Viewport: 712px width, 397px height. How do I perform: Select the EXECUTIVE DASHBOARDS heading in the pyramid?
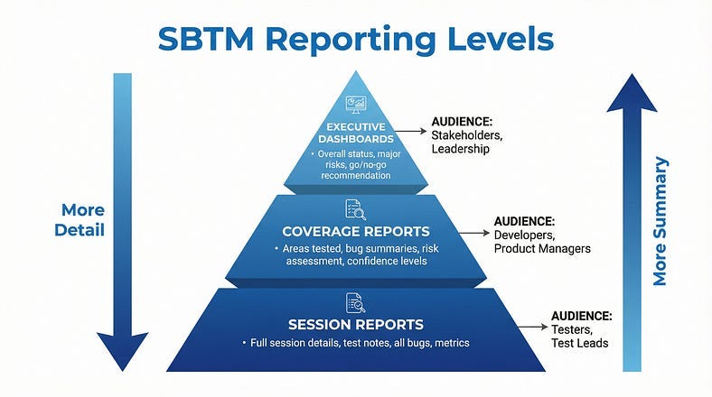355,133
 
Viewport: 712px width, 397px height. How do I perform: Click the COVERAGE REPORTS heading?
355,231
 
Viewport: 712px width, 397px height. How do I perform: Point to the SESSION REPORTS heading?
355,324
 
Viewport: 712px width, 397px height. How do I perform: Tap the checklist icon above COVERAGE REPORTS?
355,209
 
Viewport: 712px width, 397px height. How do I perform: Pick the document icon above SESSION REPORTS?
355,302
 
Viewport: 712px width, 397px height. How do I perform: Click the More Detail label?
82,219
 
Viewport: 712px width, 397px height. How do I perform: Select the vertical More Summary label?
660,221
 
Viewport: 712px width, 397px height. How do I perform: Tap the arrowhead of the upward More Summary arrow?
631,96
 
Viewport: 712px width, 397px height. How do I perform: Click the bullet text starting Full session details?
355,343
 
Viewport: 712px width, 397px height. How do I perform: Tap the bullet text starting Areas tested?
355,255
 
